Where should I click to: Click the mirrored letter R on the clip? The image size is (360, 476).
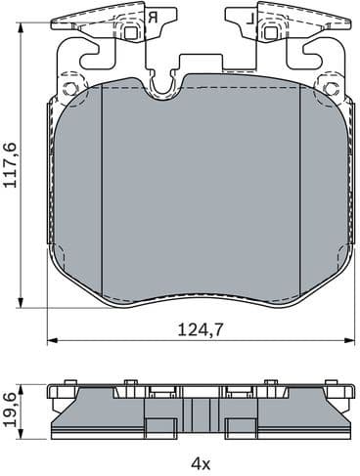[x=153, y=17]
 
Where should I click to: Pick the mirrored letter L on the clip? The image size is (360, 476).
[x=250, y=17]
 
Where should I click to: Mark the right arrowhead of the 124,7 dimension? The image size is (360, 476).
[x=354, y=341]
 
